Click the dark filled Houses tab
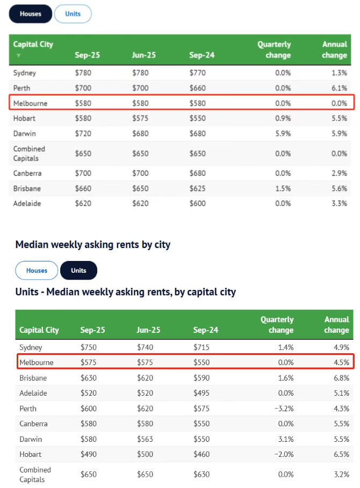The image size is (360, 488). pos(31,14)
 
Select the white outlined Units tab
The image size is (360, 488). pos(73,14)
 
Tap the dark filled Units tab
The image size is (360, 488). pos(78,271)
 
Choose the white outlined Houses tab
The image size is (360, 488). pos(37,271)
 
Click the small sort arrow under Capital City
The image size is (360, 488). pos(18,55)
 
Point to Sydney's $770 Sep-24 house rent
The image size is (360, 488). pos(198,72)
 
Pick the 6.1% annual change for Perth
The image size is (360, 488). pos(340,88)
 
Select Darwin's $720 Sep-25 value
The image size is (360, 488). pos(83,133)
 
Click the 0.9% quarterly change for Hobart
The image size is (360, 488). pos(283,118)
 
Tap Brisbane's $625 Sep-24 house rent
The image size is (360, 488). pos(198,188)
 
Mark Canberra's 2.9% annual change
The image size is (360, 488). pos(340,173)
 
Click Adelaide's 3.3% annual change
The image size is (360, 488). pos(340,203)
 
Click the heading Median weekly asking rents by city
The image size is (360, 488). pos(93,245)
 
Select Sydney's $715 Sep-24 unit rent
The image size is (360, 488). pos(201,347)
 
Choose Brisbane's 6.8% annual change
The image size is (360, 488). pos(341,378)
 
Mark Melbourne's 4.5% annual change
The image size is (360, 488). pos(341,362)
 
